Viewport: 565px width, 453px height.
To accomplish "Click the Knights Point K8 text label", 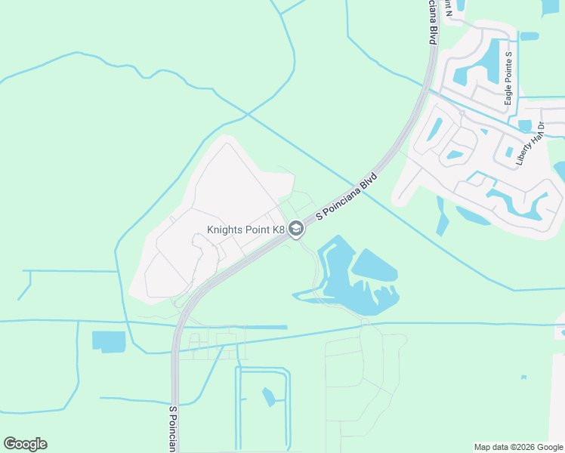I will click(x=245, y=230).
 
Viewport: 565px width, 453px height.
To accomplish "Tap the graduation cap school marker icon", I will click(x=296, y=229).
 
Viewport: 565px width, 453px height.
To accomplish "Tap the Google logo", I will click(x=25, y=444).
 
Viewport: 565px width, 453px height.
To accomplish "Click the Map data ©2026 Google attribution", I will click(x=518, y=447).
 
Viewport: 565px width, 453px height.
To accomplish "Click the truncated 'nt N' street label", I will click(x=449, y=8).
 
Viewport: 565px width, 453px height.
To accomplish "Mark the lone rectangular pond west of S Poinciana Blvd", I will click(x=109, y=341).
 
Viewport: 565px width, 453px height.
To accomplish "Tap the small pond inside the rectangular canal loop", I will click(x=268, y=396).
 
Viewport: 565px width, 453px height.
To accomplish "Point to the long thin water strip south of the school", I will click(x=261, y=327).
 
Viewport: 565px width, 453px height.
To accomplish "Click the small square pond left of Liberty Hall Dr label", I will click(x=524, y=125).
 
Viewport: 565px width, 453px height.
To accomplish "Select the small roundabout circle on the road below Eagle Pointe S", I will click(x=462, y=112).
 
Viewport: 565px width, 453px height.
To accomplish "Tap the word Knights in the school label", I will click(x=226, y=230).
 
